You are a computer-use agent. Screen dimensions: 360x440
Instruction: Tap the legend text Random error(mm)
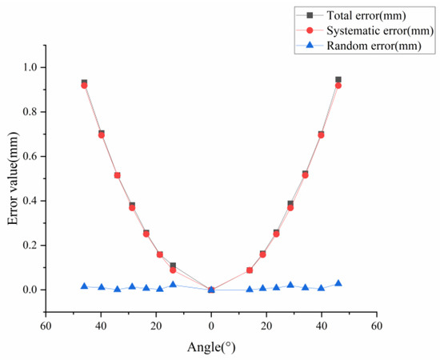(x=369, y=46)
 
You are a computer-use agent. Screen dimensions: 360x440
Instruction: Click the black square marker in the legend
(x=308, y=14)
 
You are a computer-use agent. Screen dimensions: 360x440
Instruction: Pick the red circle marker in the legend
(x=308, y=30)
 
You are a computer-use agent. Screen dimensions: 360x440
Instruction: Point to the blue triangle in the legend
(x=308, y=46)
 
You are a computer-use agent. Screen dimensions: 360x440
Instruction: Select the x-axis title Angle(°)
(x=210, y=348)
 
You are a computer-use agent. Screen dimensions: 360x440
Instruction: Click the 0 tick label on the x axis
(x=211, y=326)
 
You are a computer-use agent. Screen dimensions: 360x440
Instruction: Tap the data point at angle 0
(x=211, y=290)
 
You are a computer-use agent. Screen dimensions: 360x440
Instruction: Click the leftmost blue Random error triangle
(x=84, y=286)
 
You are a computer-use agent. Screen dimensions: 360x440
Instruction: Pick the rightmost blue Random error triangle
(x=338, y=283)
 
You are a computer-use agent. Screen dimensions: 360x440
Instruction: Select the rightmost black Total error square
(x=338, y=80)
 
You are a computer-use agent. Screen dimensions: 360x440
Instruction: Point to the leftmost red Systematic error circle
(x=84, y=85)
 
